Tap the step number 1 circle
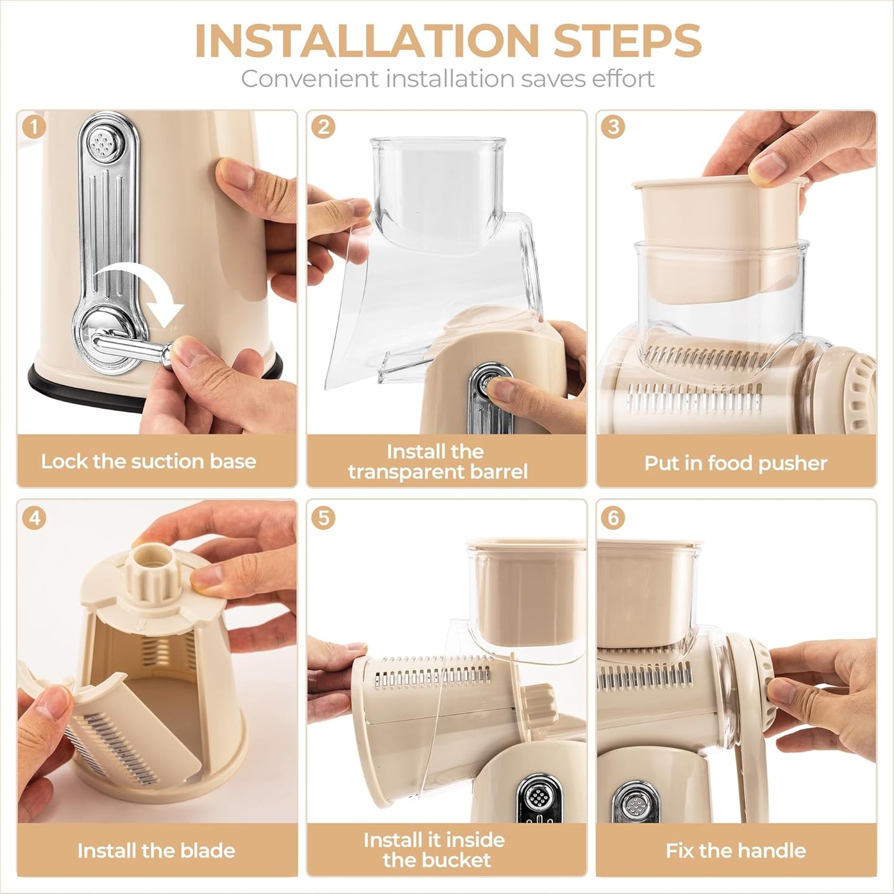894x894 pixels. pyautogui.click(x=34, y=127)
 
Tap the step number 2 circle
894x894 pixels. pyautogui.click(x=324, y=127)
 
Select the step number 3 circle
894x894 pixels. pyautogui.click(x=613, y=127)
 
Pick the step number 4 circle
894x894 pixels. pyautogui.click(x=34, y=517)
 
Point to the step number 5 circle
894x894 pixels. pyautogui.click(x=324, y=517)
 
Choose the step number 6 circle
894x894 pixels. pyautogui.click(x=613, y=517)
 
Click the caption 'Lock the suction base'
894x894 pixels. pyautogui.click(x=148, y=462)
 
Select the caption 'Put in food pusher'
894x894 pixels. pyautogui.click(x=736, y=463)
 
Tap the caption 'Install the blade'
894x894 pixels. pyautogui.click(x=156, y=851)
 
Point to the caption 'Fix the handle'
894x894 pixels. pyautogui.click(x=736, y=851)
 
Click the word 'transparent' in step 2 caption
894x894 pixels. pyautogui.click(x=402, y=472)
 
